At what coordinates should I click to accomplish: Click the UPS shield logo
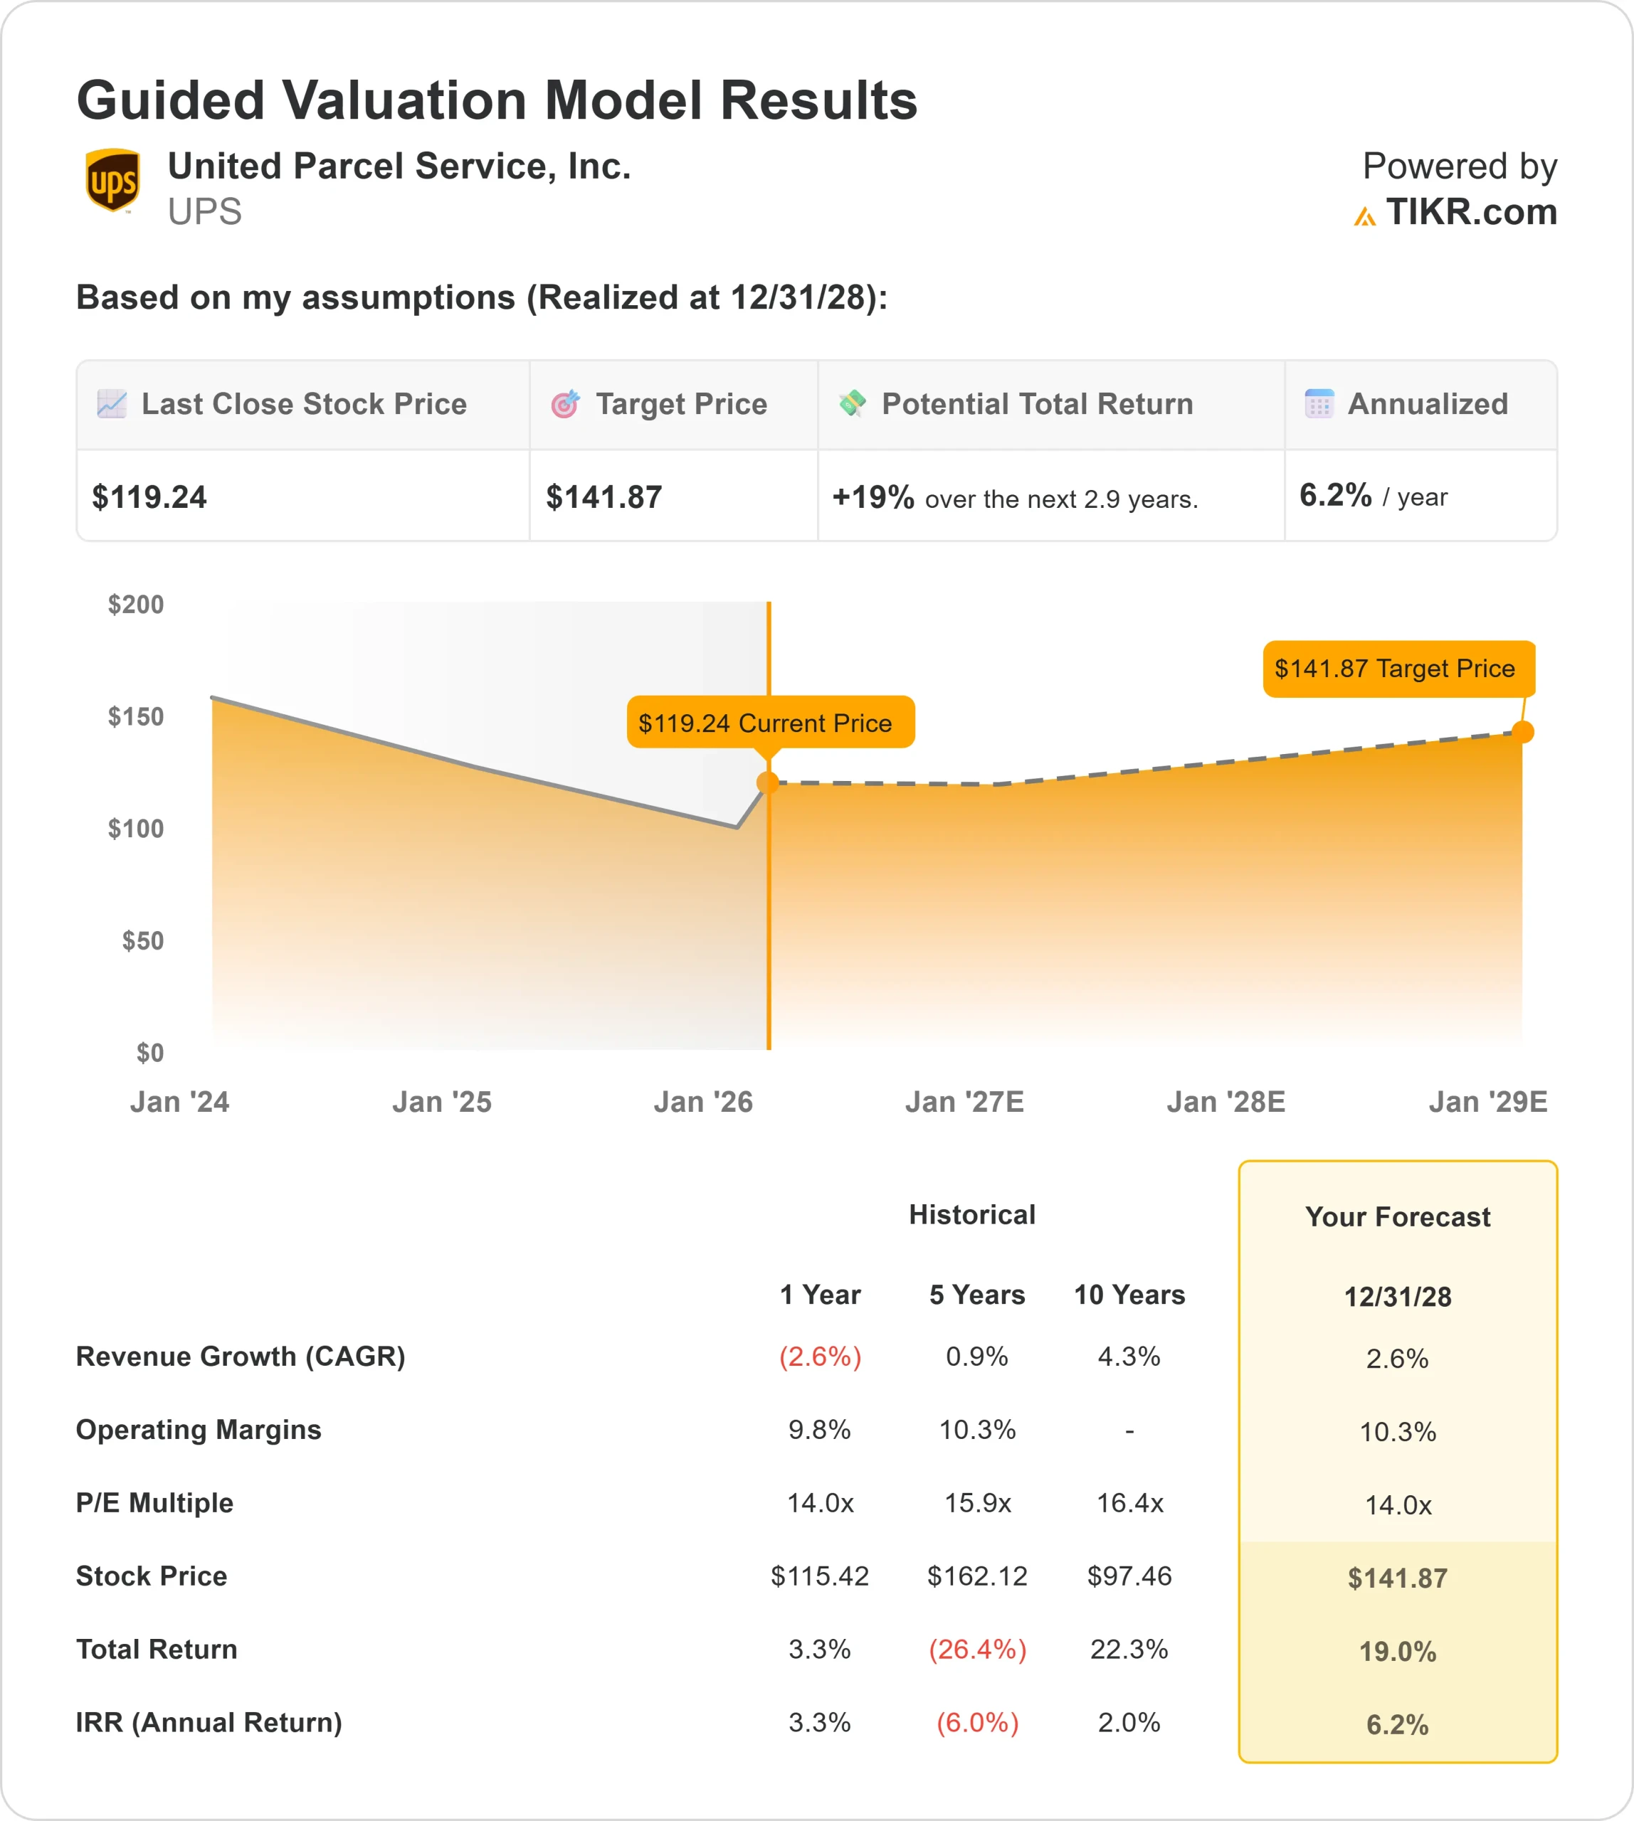[x=112, y=181]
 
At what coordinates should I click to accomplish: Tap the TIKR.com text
[x=1470, y=212]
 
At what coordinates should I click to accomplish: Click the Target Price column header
[x=680, y=404]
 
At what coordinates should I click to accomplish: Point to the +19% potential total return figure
[x=873, y=497]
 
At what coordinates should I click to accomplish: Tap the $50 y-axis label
[x=143, y=940]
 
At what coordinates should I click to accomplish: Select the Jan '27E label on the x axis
[x=964, y=1101]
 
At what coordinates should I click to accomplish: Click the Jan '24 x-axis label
[x=179, y=1101]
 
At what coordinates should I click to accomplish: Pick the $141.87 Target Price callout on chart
[x=1397, y=669]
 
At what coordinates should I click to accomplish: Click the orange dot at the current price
[x=768, y=782]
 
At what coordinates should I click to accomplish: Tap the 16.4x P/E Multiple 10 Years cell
[x=1129, y=1502]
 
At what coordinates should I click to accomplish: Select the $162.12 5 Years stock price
[x=977, y=1576]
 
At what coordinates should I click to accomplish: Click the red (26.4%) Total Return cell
[x=977, y=1649]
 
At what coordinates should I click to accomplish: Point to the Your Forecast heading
[x=1397, y=1217]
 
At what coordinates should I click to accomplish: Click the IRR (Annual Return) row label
[x=209, y=1722]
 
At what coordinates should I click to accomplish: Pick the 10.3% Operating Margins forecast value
[x=1397, y=1431]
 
